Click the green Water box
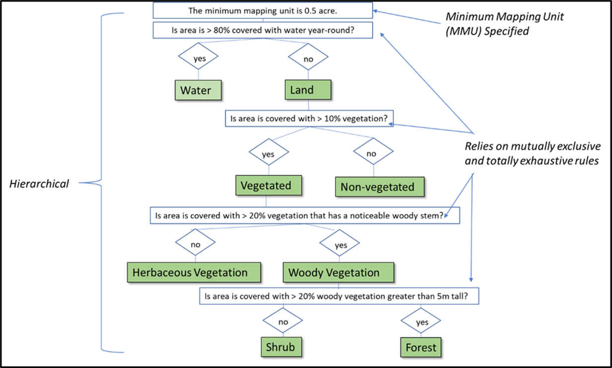pos(198,90)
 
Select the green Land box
pos(308,90)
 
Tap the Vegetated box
pos(268,186)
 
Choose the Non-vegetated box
pos(380,187)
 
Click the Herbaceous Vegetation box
pos(194,273)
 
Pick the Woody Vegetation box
pos(338,273)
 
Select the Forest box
pos(420,347)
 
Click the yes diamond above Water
pos(198,58)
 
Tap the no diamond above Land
pos(308,58)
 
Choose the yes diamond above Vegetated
pos(268,154)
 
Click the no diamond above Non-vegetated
pos(372,153)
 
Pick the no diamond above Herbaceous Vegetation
pos(195,243)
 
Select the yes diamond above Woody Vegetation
pos(340,245)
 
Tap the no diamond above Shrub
pos(282,321)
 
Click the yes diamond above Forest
pos(421,322)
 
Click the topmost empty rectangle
pos(263,10)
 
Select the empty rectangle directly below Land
pos(309,119)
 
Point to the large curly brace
pos(102,183)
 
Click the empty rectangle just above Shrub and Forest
pos(339,296)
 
